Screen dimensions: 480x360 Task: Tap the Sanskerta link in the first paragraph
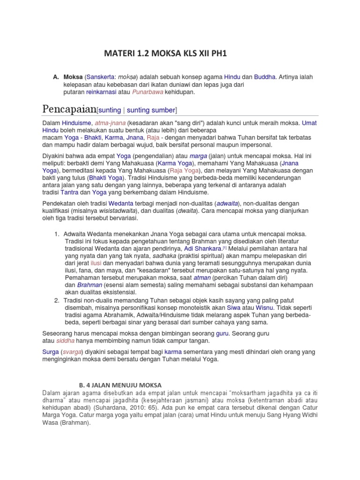(x=99, y=76)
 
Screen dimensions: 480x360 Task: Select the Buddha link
(x=265, y=76)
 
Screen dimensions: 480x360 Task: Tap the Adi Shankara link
(x=202, y=248)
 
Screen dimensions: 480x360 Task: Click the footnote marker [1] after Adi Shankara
(x=225, y=248)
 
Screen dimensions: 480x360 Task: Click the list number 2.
(x=56, y=300)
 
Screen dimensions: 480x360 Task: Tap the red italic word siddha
(x=64, y=341)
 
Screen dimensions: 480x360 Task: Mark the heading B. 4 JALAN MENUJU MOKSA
(x=119, y=385)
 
